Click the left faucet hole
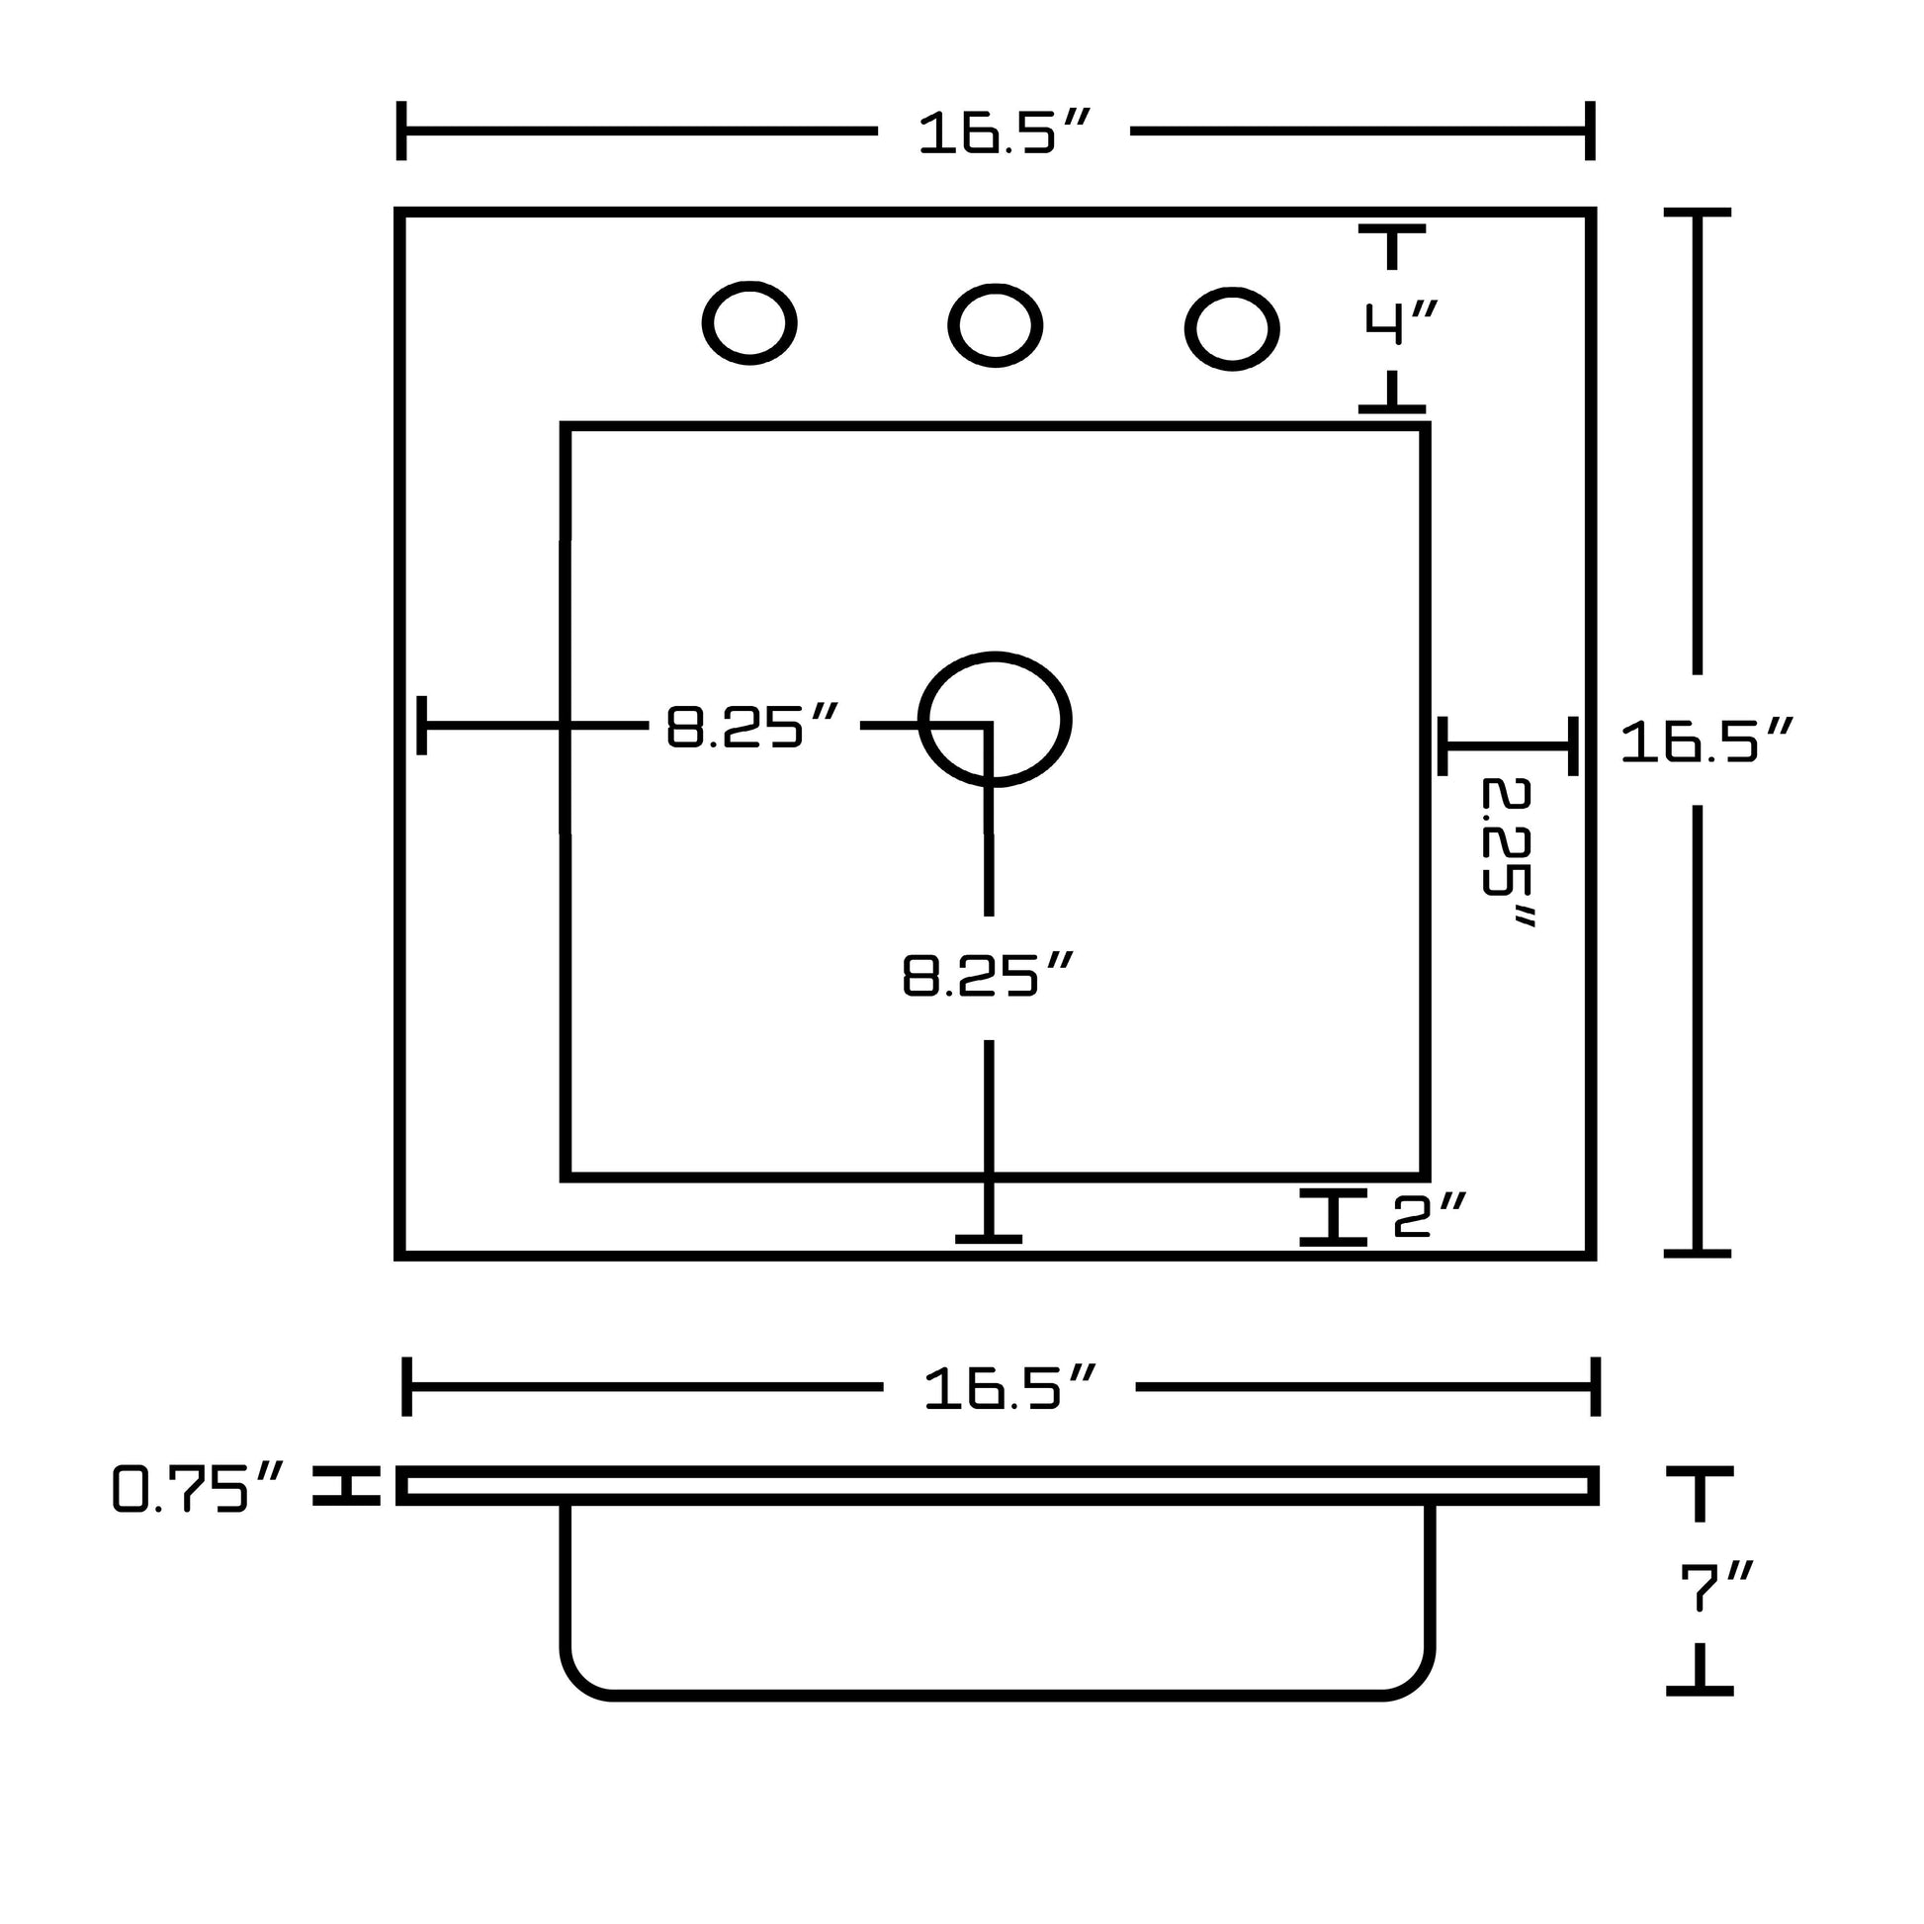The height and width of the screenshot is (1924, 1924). pos(748,322)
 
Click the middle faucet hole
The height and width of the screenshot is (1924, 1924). pos(995,325)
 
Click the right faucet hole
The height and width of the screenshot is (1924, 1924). pos(1232,328)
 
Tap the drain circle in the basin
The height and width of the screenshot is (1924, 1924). pos(995,719)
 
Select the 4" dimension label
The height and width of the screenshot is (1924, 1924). pos(1400,322)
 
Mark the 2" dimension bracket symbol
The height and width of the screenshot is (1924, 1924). pos(1333,1216)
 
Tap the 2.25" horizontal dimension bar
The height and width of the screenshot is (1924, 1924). pos(1508,744)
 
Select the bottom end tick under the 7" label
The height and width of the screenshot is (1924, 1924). pos(1700,1689)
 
